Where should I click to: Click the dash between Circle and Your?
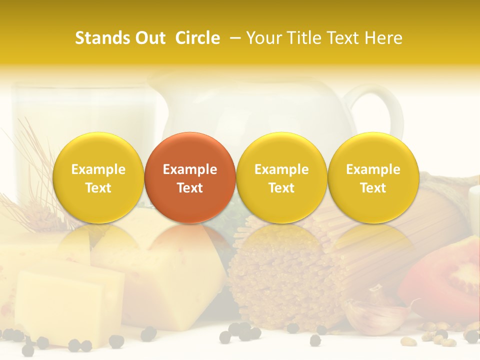coord(233,38)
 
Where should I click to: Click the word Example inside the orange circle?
coord(190,169)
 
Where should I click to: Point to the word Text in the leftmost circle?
coord(98,188)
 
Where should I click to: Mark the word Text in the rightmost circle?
coord(373,188)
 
